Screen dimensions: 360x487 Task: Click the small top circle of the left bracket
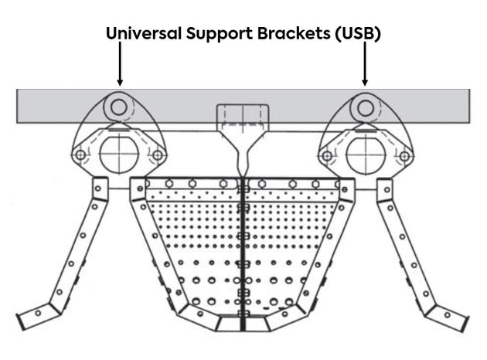click(x=118, y=107)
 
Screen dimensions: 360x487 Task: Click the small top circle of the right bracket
click(x=365, y=107)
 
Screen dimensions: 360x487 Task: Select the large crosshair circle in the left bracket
click(x=118, y=155)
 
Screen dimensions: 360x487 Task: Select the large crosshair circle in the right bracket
click(x=365, y=155)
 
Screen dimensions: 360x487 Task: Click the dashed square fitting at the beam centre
click(x=242, y=116)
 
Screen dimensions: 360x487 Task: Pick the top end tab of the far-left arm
click(x=100, y=187)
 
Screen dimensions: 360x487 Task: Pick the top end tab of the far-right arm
click(x=384, y=187)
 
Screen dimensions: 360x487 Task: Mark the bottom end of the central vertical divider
click(x=242, y=326)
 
